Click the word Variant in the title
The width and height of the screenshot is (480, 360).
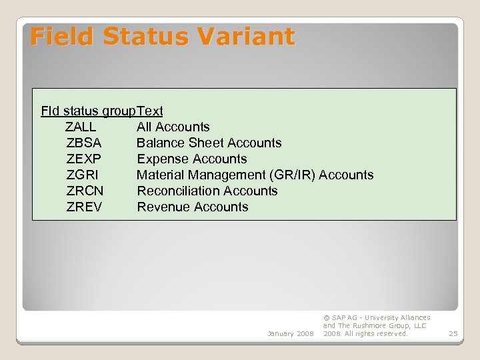pos(251,36)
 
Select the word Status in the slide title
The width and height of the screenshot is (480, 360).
pos(151,36)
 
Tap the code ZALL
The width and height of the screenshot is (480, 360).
pos(81,127)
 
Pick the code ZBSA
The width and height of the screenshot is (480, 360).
pos(84,143)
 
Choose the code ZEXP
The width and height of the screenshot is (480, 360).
pos(84,159)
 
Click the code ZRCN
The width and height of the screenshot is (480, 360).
pos(85,191)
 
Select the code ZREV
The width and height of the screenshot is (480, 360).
pos(84,207)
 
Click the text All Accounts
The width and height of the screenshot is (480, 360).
pos(173,127)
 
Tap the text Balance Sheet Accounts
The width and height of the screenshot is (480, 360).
pos(209,143)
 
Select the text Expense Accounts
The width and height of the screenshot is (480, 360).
pos(191,159)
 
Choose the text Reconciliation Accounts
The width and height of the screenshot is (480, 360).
pos(207,191)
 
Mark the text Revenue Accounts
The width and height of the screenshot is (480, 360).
pos(192,207)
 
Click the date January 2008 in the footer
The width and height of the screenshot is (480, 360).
pos(290,333)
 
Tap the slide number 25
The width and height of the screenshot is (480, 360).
pos(453,333)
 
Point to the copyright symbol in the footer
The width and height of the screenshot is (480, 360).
pos(326,318)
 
